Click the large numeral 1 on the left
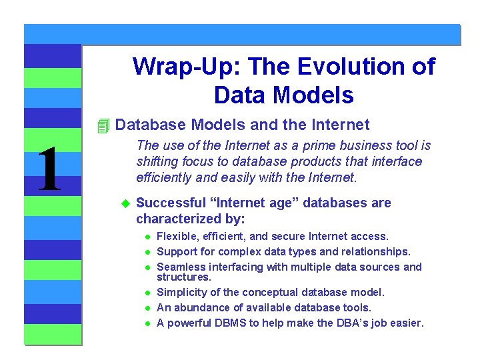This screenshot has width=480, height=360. (50, 171)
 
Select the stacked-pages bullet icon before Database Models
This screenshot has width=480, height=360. (102, 125)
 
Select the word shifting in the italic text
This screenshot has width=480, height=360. (156, 162)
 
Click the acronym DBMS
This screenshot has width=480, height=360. (229, 323)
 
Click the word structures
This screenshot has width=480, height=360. (183, 277)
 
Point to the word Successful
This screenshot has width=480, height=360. (170, 203)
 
